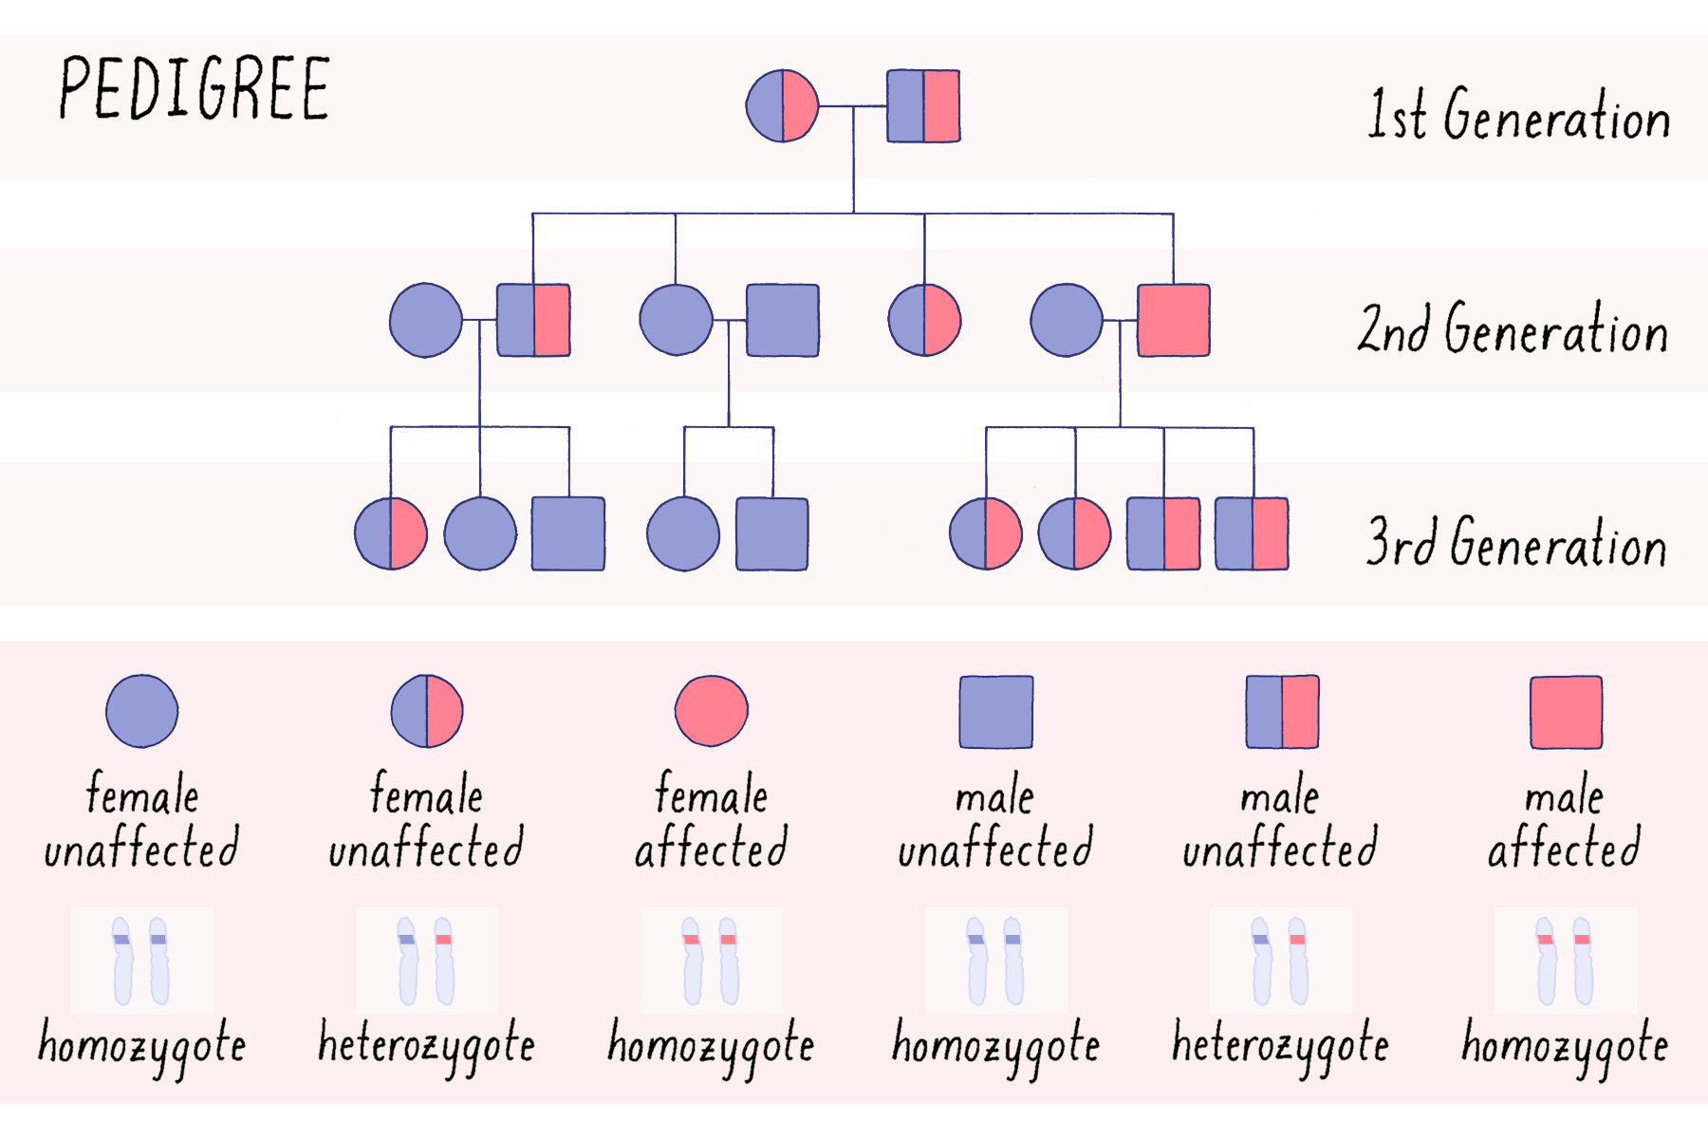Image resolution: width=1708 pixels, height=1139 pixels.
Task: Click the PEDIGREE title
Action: pos(195,88)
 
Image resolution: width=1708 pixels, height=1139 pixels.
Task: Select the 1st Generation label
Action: pos(1518,115)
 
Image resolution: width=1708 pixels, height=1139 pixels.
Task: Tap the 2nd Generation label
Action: pos(1513,328)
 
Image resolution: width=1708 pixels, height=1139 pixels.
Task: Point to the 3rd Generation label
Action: pos(1515,543)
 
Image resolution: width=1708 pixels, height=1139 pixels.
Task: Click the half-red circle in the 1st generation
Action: pos(782,105)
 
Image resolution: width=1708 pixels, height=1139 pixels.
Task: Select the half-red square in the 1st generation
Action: pos(923,105)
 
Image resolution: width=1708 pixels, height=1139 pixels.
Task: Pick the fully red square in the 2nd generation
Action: pos(1174,320)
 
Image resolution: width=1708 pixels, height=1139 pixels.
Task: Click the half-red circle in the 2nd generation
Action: pos(924,320)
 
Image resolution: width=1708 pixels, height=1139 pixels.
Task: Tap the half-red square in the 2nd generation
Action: pos(533,320)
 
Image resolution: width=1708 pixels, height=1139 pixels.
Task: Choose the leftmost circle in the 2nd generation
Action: pos(426,320)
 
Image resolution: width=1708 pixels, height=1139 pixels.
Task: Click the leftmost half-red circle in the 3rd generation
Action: pos(391,533)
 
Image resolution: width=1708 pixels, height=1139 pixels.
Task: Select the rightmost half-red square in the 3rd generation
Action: pos(1252,533)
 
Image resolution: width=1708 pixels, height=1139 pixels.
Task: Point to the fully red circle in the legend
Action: pos(712,711)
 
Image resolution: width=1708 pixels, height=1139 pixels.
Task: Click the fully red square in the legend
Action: pos(1566,712)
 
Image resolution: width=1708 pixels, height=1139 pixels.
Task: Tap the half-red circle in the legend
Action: pos(427,711)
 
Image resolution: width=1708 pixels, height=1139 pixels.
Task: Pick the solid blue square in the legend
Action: pos(996,712)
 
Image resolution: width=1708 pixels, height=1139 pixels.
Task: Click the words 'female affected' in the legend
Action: pos(712,821)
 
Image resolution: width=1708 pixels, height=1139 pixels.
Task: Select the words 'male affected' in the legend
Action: pos(1564,821)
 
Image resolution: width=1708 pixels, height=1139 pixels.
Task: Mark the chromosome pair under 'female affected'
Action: pos(711,961)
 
